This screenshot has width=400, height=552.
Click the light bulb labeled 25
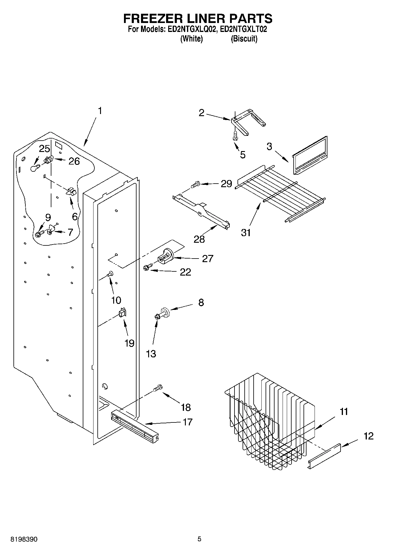pos(35,168)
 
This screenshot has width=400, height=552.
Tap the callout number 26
pos(74,161)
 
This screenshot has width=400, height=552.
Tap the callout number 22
pos(185,272)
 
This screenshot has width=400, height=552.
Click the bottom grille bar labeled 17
pos(134,426)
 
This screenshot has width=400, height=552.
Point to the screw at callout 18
pos(157,388)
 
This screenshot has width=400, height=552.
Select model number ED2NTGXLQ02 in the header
pos(190,30)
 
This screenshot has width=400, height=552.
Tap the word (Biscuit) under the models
pos(244,39)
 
